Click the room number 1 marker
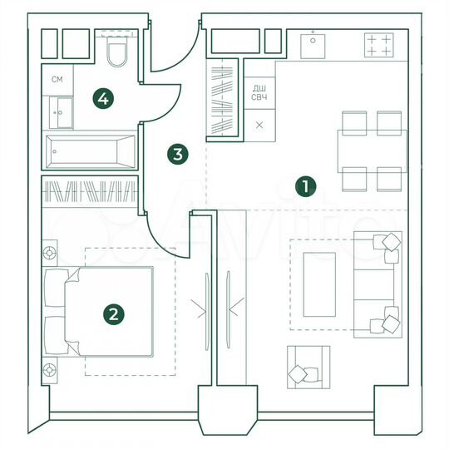[307, 187]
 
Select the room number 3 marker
[176, 154]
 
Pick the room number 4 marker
[102, 100]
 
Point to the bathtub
[91, 151]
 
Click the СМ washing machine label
[57, 80]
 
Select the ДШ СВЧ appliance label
[259, 91]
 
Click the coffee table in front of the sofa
[318, 284]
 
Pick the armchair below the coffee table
[304, 368]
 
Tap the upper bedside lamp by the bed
[50, 252]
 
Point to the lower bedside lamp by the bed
[50, 369]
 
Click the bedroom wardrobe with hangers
[89, 193]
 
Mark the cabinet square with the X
[259, 125]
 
